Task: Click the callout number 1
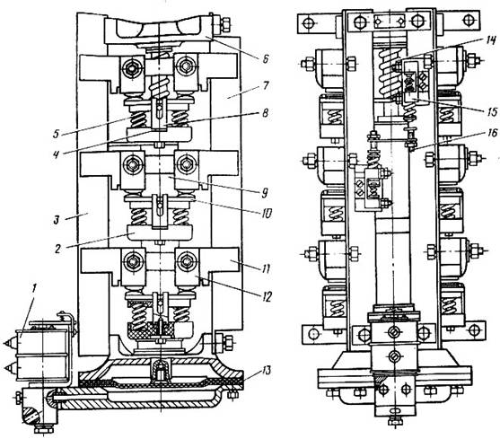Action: [35, 289]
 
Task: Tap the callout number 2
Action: [57, 249]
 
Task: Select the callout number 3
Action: [57, 220]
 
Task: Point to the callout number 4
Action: [57, 154]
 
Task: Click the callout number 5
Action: [57, 133]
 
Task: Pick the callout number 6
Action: [266, 58]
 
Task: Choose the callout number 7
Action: [266, 85]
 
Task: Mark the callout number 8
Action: [266, 113]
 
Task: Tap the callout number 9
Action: [264, 192]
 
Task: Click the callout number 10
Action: [266, 213]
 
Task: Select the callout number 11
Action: [266, 268]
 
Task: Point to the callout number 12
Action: [266, 297]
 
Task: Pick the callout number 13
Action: [266, 370]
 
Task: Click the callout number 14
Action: [490, 40]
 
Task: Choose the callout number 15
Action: [491, 111]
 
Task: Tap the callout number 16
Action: [492, 132]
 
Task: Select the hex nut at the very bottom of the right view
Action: [395, 421]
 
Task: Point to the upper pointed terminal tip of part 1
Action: [4, 343]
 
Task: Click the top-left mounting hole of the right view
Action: [309, 23]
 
